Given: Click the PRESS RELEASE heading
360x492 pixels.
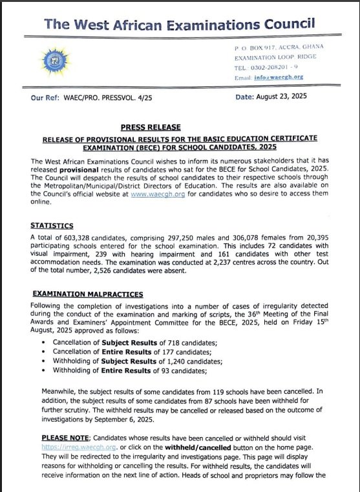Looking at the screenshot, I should tap(150, 128).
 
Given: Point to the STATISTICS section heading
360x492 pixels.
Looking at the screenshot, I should tap(52, 226).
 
